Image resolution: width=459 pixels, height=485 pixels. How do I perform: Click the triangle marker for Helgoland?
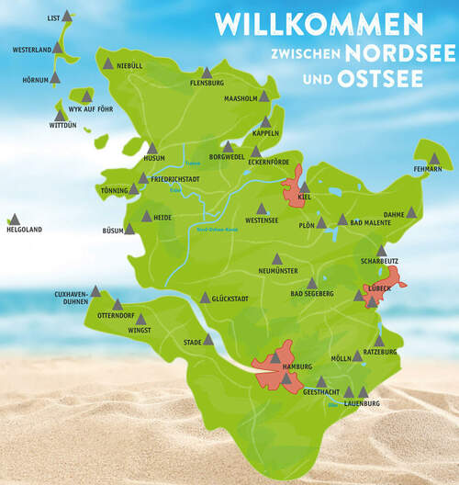click(x=14, y=220)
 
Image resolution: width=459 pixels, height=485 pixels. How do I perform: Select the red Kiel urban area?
click(x=296, y=193)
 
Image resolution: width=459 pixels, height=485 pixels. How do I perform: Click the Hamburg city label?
click(x=272, y=367)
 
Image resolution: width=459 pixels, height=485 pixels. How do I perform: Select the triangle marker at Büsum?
click(x=129, y=228)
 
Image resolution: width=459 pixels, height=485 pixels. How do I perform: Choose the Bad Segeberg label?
click(x=308, y=294)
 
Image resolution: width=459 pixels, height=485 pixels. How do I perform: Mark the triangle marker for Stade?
click(x=208, y=339)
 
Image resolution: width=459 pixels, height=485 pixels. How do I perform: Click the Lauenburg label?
click(x=361, y=403)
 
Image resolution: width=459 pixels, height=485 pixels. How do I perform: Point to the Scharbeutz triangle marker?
click(x=382, y=251)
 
